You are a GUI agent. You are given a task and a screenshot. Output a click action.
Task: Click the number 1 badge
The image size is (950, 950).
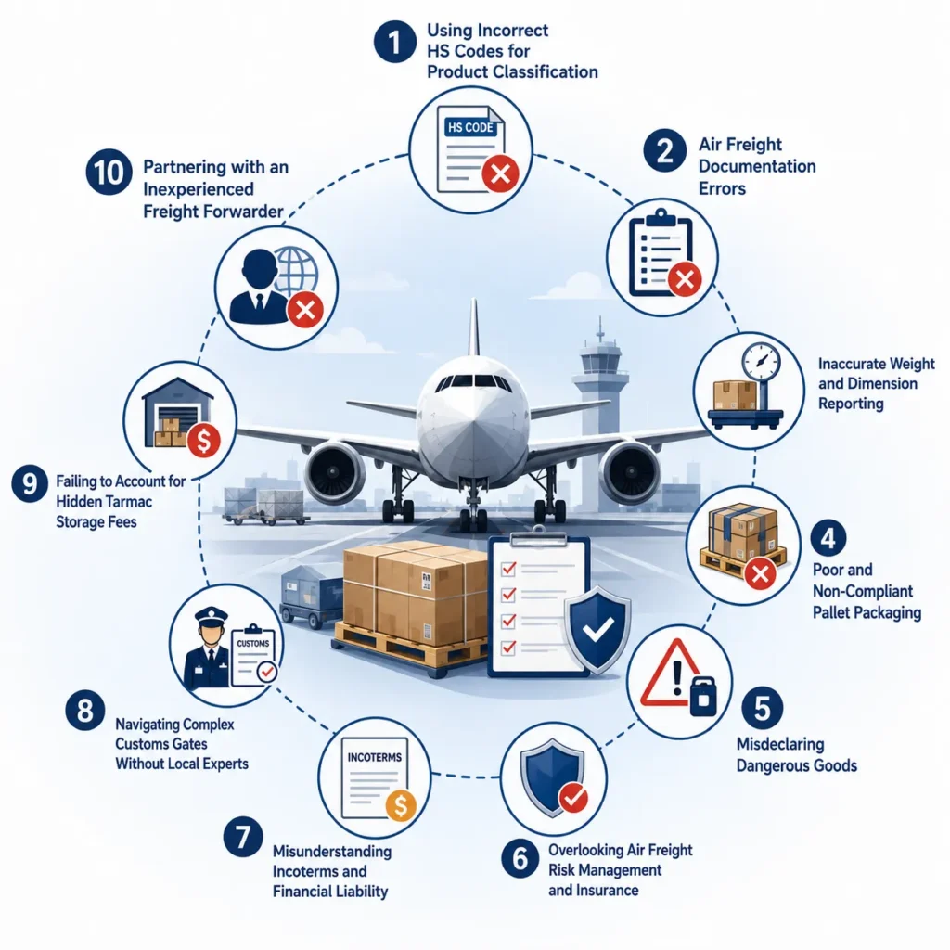point(394,42)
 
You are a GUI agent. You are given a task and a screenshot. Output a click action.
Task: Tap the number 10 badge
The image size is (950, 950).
point(109,172)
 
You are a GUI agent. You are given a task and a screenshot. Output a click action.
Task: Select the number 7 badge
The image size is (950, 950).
point(243,837)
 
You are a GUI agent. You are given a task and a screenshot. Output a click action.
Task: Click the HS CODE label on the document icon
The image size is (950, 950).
point(470,127)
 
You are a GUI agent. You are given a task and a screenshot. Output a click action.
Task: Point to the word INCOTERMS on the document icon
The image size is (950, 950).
point(375,757)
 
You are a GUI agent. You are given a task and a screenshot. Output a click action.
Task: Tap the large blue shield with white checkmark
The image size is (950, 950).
point(597,629)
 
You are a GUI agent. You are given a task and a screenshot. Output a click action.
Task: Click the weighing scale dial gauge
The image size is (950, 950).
point(761,363)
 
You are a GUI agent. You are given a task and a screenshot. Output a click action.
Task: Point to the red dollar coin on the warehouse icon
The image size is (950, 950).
point(204,441)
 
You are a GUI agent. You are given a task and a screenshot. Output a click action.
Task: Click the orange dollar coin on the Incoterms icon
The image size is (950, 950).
point(401,805)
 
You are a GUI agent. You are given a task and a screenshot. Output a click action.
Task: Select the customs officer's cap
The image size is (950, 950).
point(212,616)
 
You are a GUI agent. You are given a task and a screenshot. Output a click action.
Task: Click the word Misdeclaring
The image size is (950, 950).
point(780,744)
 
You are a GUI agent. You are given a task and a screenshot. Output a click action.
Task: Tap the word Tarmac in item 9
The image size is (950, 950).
point(127,502)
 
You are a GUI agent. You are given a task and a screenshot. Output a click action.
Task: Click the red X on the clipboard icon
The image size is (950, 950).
point(685,280)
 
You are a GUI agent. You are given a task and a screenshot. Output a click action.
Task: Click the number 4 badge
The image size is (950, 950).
point(828,537)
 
